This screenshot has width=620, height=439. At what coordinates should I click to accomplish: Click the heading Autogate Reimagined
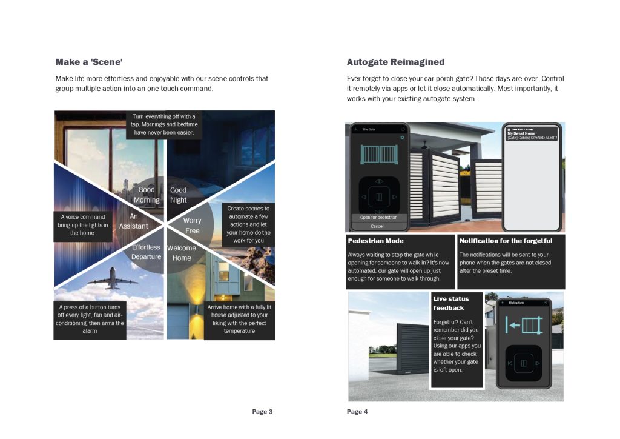pos(395,62)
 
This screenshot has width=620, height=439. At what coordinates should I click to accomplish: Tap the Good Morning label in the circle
pos(147,195)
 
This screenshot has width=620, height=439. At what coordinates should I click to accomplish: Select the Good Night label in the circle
pos(178,195)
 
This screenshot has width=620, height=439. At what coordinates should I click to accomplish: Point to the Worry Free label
pos(192,226)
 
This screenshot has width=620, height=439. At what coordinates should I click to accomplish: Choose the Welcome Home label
pos(181,253)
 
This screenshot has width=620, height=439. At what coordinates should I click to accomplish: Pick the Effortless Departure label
pos(146,252)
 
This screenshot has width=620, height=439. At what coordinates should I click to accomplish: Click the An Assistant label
pos(133,221)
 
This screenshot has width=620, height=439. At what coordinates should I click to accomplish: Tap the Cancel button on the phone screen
pos(377,226)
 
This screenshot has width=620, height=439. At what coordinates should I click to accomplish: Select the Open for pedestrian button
pos(377,217)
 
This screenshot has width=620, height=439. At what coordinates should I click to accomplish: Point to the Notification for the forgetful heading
pos(506,241)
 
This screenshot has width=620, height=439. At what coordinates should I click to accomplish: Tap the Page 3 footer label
pos(262,412)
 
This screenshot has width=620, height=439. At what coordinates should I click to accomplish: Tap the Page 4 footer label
pos(357,412)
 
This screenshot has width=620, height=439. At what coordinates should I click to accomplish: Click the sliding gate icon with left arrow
pos(523,326)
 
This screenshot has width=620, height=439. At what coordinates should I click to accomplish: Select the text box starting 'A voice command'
pos(82,225)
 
